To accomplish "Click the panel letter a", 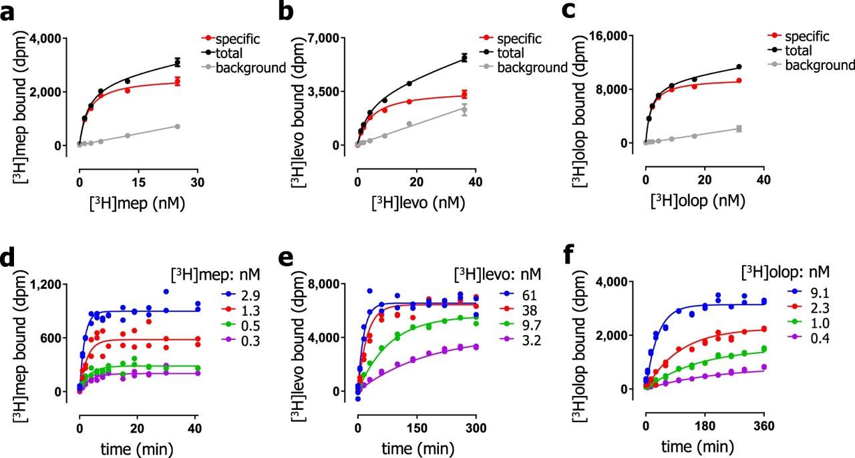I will pos(9,13).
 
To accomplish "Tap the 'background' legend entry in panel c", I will pos(819,65).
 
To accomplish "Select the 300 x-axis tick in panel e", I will pos(476,426).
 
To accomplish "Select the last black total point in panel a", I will pos(178,63).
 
